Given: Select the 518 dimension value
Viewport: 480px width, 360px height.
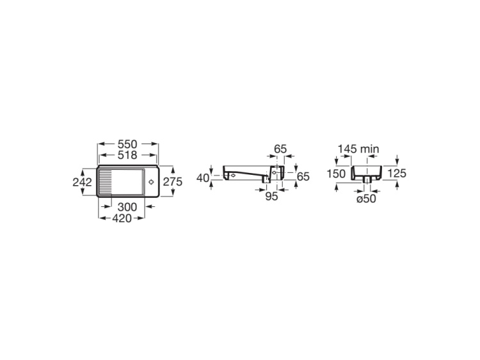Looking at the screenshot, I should tap(128, 156).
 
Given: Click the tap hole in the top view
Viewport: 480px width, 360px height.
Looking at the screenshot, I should tap(150, 182).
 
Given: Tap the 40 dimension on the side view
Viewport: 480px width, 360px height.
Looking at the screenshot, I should tap(203, 178).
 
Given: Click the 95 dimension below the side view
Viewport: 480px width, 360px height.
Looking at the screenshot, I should tap(271, 197).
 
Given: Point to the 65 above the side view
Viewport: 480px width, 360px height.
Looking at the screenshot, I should tap(280, 149).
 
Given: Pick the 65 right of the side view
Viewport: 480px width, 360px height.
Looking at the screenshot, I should tap(303, 176).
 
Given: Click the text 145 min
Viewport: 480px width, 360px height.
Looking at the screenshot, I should tap(358, 149).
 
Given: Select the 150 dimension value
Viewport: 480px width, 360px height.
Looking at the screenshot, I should tap(335, 174).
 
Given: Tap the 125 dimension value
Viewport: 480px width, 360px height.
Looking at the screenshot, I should tap(397, 174).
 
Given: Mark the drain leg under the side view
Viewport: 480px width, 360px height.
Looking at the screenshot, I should tap(266, 183).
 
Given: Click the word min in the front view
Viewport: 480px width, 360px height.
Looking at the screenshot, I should tap(370, 149).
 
